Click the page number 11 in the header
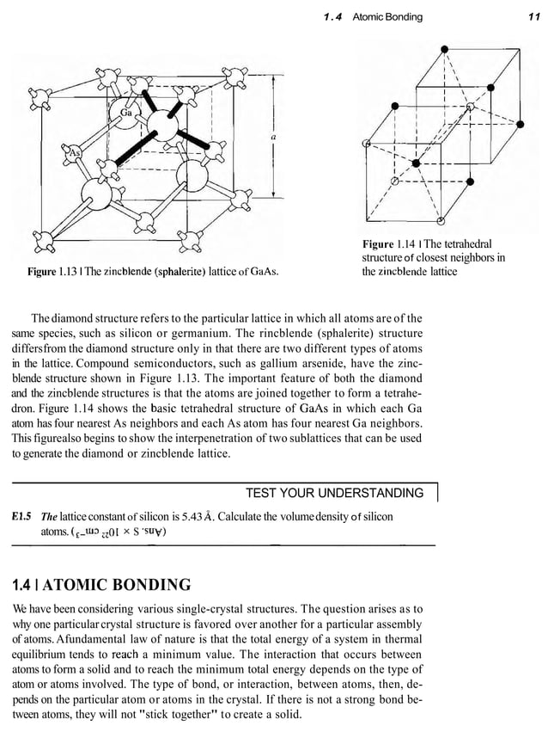[533, 17]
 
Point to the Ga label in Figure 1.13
[125, 114]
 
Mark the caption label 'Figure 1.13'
[55, 273]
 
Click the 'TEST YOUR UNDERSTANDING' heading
[334, 493]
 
